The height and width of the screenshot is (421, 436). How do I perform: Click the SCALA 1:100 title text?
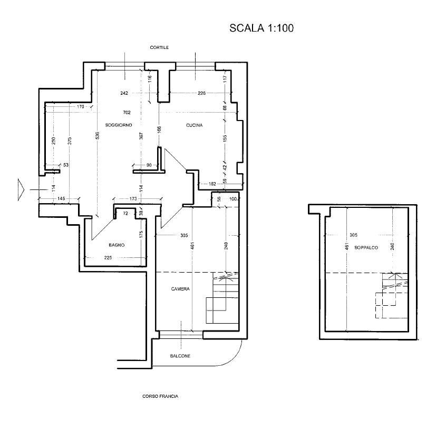pos(261,28)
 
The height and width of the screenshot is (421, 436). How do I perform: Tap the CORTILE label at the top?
pos(159,47)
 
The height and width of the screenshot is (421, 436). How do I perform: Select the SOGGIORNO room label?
pos(119,125)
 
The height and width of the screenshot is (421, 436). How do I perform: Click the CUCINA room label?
pos(195,125)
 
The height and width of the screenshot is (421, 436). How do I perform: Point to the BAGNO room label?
pos(117,245)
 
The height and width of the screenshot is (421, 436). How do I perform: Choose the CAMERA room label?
pos(180,289)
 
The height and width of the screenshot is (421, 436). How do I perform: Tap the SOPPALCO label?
pos(366,247)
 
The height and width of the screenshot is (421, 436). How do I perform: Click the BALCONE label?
pos(180,356)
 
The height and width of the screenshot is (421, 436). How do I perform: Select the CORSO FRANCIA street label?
pos(160,396)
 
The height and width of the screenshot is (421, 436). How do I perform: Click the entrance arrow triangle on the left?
pos(21,189)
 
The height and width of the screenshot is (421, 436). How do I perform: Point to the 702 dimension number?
pos(127,113)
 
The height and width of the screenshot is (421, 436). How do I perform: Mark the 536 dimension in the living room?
pos(98,135)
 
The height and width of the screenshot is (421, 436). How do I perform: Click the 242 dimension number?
pos(124,93)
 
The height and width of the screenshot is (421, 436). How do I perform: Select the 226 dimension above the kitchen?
pos(201,93)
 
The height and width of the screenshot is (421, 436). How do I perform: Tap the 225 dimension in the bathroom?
pos(108,257)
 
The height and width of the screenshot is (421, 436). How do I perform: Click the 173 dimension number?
pos(133,199)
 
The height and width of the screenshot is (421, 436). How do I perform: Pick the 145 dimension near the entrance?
pos(61,198)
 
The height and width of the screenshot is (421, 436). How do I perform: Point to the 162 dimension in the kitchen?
pos(212,184)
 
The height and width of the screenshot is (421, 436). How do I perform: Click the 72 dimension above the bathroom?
pos(125,214)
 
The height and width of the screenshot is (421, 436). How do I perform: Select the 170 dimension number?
pos(80,106)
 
